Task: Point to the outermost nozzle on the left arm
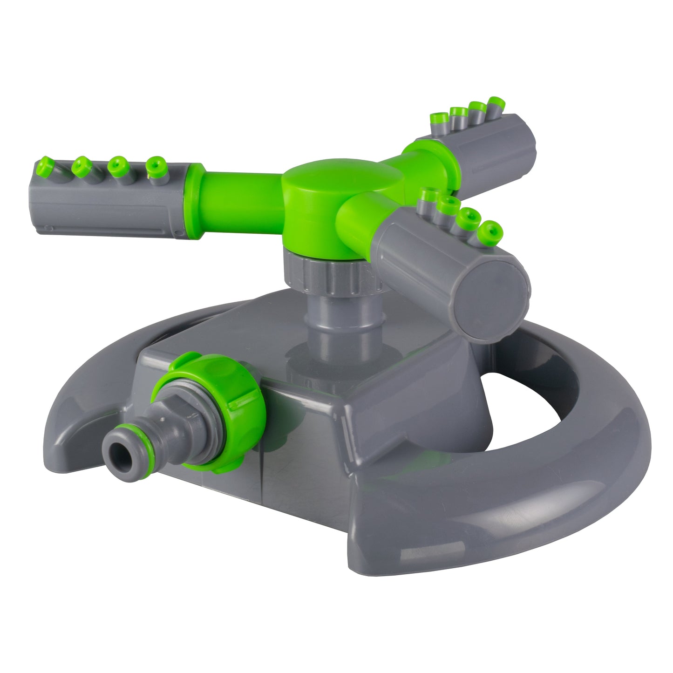45,163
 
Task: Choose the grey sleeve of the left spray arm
112,205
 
